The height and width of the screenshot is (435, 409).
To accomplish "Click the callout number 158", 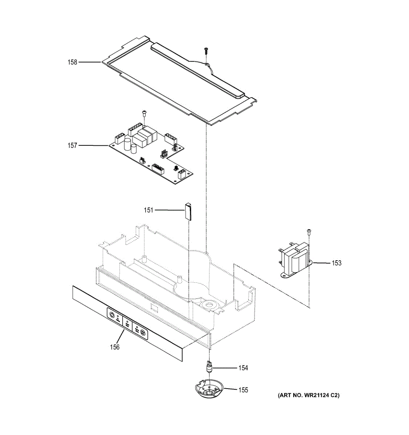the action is point(73,62).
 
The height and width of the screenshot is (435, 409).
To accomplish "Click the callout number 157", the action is point(73,145).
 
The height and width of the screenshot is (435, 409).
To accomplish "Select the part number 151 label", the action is point(149,210).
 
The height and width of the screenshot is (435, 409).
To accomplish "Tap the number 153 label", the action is point(336,263).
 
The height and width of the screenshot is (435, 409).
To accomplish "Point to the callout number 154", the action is point(243,368).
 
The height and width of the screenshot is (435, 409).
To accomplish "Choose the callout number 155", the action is point(243,390).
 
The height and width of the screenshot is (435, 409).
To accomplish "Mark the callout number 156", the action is point(115,347).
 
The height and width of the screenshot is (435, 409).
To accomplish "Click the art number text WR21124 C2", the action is point(308,395).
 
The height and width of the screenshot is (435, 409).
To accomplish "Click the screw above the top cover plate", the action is point(206,51).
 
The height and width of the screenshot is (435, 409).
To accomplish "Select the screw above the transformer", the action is point(309,232).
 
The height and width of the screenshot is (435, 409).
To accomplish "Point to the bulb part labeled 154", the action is point(209,367).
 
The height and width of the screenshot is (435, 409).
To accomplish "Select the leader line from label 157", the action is point(93,145).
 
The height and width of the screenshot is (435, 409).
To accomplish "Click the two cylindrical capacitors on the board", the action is point(130,145).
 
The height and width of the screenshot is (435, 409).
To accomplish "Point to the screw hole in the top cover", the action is point(206,65).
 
